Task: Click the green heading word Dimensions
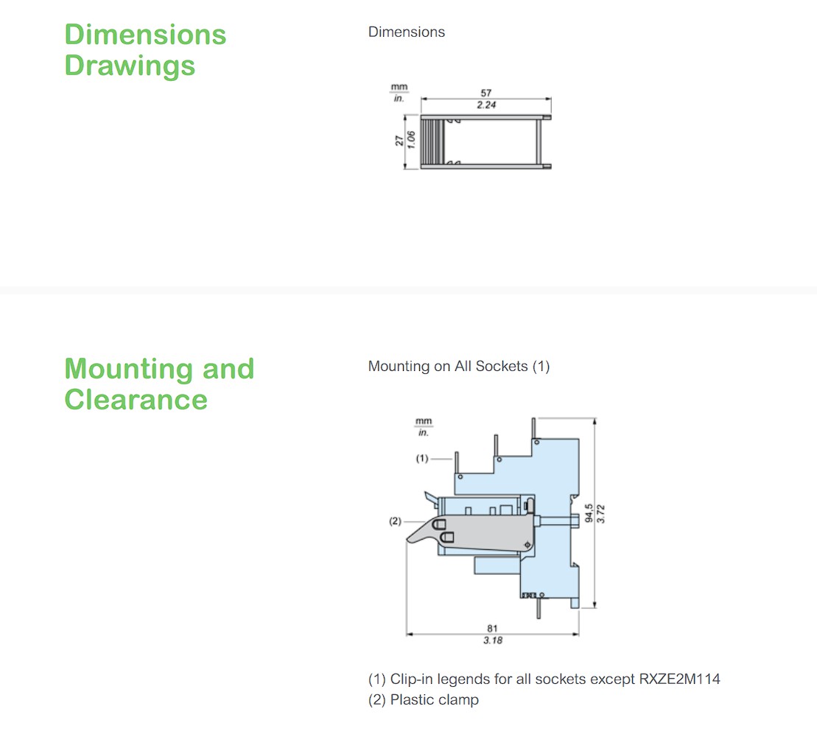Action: click(x=145, y=35)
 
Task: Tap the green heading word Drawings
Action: click(x=130, y=66)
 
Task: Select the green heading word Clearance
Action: click(x=136, y=400)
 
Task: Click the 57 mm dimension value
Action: click(x=486, y=93)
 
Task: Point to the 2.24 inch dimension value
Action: click(x=486, y=105)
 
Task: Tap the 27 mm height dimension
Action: click(x=399, y=141)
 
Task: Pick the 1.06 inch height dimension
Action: click(x=411, y=140)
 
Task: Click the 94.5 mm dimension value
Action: click(x=589, y=512)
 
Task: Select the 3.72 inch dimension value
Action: click(x=600, y=513)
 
